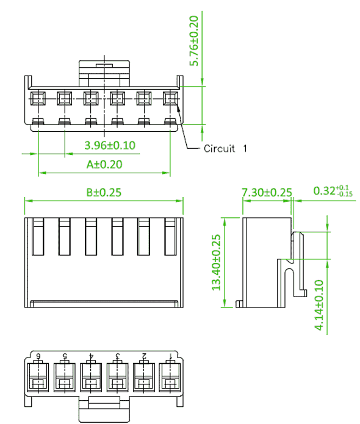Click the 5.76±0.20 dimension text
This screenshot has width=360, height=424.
point(194,41)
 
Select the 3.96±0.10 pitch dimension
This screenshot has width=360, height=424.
point(110,145)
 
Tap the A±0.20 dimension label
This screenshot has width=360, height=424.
point(104,164)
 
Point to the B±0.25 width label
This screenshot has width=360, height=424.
point(104,192)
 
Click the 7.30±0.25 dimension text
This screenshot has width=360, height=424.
point(267,192)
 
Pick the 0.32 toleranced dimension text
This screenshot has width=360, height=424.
point(333,190)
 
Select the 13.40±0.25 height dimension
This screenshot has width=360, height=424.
point(216,262)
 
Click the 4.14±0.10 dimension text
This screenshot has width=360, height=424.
point(319,305)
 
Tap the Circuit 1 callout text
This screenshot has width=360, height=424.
point(225,148)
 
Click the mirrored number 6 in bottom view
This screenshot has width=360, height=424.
point(38,356)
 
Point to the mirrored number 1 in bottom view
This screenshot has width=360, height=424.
point(170,356)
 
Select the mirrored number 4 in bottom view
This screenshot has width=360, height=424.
point(91,356)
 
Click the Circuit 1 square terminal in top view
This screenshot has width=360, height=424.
point(170,98)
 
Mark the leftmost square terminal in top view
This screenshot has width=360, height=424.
point(38,98)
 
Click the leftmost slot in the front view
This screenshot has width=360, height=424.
point(38,237)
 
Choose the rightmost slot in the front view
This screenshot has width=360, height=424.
point(170,237)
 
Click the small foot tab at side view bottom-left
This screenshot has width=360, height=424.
point(239,304)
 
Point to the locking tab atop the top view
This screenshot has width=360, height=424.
point(104,73)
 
